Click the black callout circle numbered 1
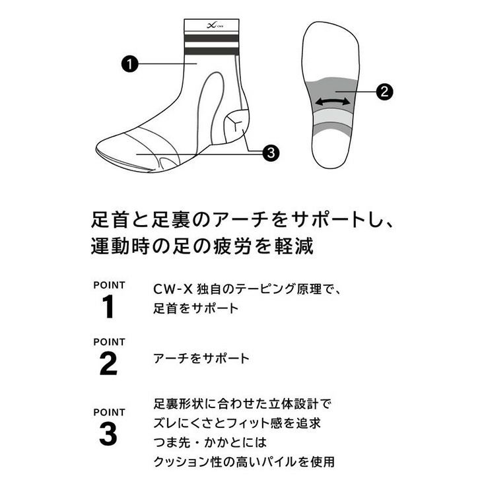coord(129,64)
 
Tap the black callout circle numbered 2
coord(384,91)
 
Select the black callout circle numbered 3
coord(271,153)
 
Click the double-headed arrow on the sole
coord(332,102)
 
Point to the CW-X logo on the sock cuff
coord(215,25)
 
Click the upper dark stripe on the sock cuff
coord(211,38)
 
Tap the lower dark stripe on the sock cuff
coord(211,52)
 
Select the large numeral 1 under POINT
coord(108,306)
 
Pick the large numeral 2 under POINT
coord(108,364)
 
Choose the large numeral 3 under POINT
coord(108,434)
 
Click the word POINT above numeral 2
coord(109,342)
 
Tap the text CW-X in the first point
coord(172,289)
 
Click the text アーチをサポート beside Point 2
coord(201,358)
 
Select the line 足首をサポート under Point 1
coord(196,308)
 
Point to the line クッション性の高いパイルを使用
coord(244,461)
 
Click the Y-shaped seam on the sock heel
coord(236,123)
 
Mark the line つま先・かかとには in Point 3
coord(210,442)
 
